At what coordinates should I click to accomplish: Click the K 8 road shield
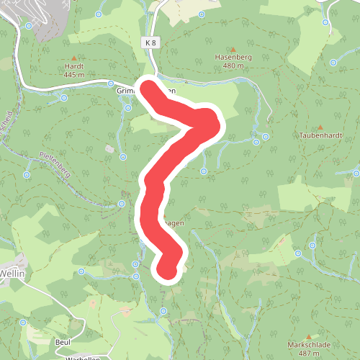pos(150,43)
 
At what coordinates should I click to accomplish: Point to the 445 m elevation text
pos(75,74)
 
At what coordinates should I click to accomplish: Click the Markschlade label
pos(308,345)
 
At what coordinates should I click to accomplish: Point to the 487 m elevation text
pos(308,354)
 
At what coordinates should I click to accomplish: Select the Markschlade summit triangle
pos(308,336)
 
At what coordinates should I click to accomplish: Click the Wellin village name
pos(12,274)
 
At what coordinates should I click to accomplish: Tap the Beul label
pos(63,343)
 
